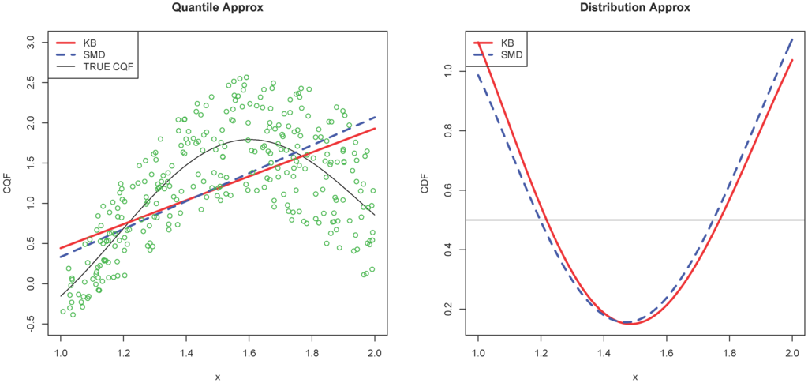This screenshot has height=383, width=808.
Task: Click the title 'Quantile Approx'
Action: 217,8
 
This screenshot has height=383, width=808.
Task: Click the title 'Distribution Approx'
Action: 635,8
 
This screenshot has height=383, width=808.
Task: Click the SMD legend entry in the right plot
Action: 513,54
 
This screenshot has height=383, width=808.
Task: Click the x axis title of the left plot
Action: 217,377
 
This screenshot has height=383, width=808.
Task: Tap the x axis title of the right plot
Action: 635,377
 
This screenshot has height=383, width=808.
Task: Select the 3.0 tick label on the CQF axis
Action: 31,40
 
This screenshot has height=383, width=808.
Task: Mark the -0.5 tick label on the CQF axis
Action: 31,324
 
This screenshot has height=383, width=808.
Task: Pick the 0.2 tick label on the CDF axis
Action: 449,309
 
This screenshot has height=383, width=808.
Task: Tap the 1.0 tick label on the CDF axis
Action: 449,71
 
